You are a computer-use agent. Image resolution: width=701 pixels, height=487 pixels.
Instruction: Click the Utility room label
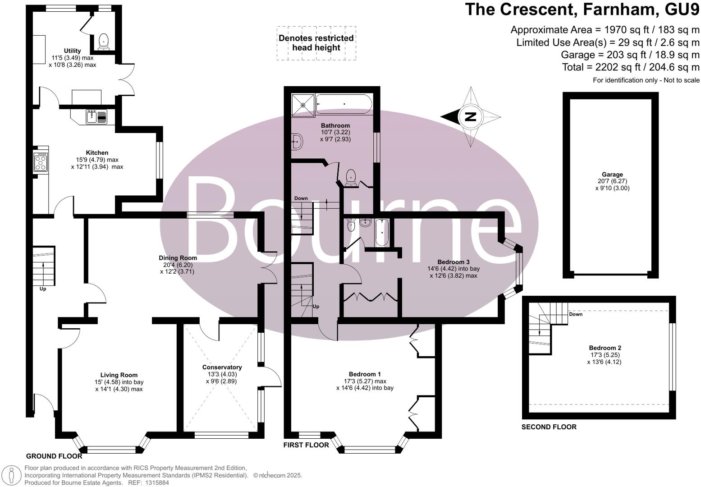(x=72, y=51)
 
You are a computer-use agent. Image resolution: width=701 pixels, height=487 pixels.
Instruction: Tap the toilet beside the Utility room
(x=104, y=42)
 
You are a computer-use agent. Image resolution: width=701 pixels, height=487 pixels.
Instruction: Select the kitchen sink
(x=96, y=117)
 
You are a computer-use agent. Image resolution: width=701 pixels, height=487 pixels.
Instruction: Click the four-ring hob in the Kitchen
(x=41, y=162)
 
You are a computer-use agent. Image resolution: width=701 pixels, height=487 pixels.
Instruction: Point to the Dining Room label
(x=178, y=258)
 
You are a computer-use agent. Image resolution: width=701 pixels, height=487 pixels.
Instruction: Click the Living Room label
(x=119, y=375)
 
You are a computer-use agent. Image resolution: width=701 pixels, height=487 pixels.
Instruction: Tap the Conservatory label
(x=222, y=367)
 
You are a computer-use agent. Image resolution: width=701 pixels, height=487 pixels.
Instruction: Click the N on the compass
(x=470, y=117)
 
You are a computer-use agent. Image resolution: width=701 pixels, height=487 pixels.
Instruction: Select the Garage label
(x=612, y=175)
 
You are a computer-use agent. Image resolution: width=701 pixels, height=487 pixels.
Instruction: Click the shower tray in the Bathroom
(x=303, y=105)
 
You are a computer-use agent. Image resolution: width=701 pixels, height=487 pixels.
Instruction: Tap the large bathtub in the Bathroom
(x=344, y=104)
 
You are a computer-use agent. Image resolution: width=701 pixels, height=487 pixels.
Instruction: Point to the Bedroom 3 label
(x=454, y=262)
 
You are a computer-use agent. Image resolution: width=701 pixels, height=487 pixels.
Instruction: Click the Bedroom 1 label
(x=365, y=374)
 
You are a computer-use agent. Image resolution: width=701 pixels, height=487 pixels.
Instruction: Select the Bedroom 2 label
(x=605, y=348)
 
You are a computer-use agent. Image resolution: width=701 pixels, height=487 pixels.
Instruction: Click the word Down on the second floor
(x=576, y=314)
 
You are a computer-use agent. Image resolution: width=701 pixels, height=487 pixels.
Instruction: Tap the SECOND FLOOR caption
(x=549, y=427)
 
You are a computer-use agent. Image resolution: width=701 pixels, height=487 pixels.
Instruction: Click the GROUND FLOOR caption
(x=54, y=456)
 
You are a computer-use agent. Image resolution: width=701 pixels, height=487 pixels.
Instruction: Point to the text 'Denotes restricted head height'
(x=316, y=43)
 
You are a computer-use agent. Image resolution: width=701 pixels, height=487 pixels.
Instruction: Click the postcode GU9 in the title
(x=682, y=9)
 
